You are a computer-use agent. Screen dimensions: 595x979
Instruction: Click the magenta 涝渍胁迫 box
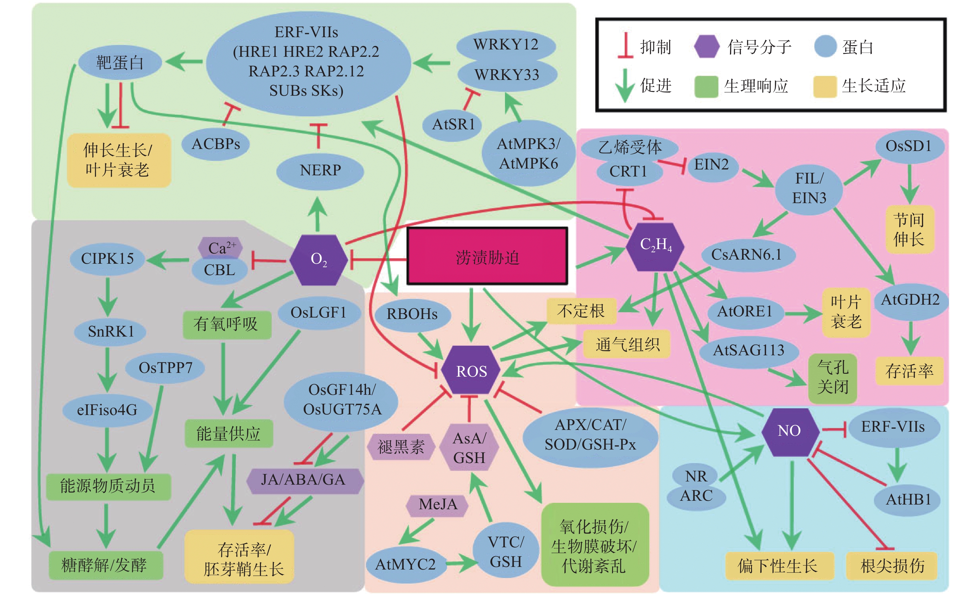pos(487,256)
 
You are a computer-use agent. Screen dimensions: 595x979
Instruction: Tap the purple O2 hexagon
pos(318,260)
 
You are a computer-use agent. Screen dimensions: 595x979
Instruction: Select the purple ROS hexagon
pos(471,371)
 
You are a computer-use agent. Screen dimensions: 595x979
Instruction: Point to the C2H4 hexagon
pos(655,246)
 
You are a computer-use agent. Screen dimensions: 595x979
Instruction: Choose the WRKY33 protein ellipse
pos(507,75)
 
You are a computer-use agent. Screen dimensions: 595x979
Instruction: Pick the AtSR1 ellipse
pos(453,124)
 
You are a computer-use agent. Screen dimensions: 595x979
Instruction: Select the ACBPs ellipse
pos(216,144)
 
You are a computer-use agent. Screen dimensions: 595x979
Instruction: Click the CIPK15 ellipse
pos(107,259)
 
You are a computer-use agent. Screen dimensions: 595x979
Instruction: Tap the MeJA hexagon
pos(437,505)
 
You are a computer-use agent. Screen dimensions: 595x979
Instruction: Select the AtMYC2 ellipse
pos(405,564)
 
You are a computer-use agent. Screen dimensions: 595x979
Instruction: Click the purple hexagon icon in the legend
pos(706,47)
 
